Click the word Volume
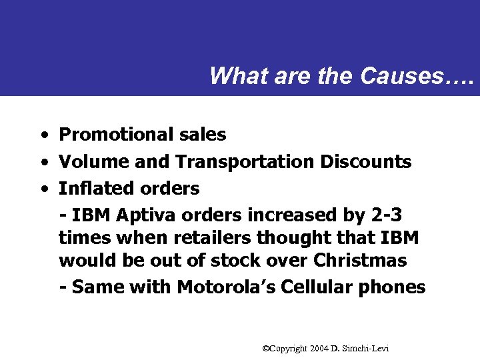point(94,162)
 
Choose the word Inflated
point(93,189)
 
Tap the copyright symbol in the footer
point(265,348)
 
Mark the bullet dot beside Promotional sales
point(43,135)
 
